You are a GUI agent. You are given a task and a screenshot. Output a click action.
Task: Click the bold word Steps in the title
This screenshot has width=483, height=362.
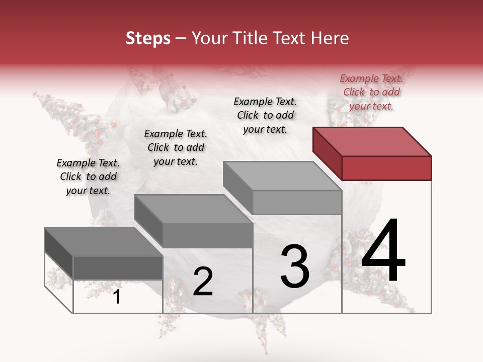click(148, 38)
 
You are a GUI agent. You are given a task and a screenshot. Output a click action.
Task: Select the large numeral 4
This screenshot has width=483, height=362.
click(383, 251)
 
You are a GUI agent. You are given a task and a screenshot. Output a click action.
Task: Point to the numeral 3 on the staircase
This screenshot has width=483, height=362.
click(295, 266)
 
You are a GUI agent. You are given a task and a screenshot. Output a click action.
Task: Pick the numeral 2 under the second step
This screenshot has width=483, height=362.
click(203, 282)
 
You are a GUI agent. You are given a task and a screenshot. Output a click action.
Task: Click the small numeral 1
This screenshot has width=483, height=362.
click(117, 297)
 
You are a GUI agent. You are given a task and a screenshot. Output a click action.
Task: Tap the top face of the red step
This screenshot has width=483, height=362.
click(372, 141)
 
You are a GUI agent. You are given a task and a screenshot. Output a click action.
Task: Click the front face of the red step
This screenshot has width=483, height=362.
click(386, 168)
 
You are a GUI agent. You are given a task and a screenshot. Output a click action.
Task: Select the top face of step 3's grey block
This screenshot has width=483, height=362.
click(282, 175)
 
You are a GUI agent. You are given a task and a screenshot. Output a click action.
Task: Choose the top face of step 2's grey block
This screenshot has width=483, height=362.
click(193, 209)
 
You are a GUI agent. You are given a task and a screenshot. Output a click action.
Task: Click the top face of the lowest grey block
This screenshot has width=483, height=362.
click(104, 241)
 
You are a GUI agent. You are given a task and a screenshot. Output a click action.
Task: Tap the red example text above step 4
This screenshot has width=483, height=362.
click(371, 92)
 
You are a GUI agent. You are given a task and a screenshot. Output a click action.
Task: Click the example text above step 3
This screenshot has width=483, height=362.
click(265, 115)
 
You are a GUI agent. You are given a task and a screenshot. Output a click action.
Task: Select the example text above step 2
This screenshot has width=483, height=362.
click(176, 147)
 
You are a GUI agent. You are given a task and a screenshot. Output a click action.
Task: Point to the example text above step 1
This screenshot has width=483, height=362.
click(88, 176)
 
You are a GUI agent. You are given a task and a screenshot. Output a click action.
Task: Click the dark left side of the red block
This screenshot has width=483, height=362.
click(327, 153)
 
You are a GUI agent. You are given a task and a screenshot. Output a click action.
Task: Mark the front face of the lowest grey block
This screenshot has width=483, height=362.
click(118, 268)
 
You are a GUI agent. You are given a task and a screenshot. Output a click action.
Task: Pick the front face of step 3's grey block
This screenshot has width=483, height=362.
click(297, 203)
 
